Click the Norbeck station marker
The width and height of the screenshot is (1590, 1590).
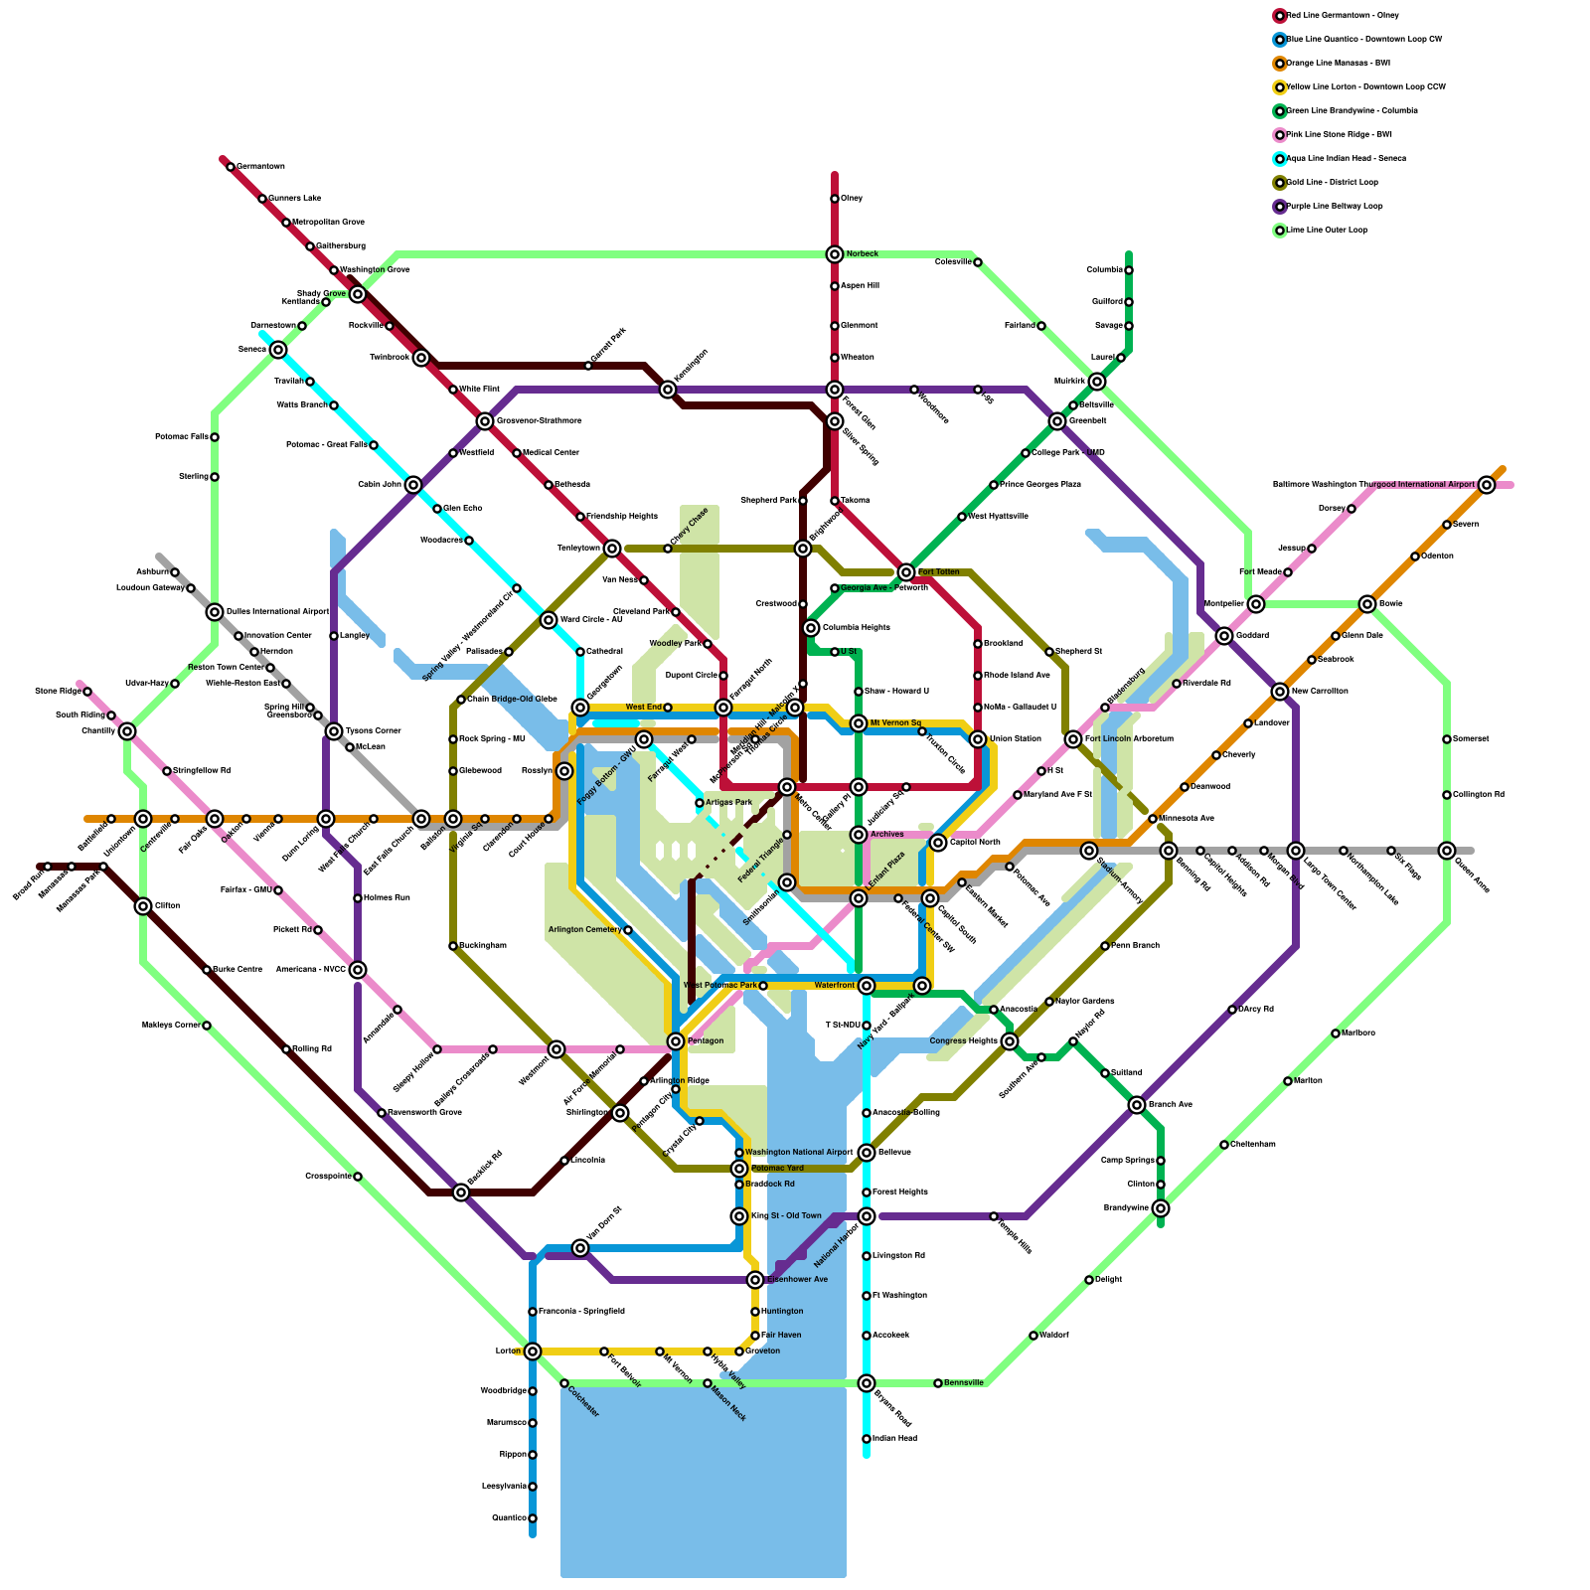(835, 254)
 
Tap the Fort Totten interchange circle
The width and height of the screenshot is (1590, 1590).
(906, 572)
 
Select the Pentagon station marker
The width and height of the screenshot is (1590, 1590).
(676, 1041)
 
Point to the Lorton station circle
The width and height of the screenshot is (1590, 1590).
(533, 1351)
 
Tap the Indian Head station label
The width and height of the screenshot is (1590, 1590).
(894, 1439)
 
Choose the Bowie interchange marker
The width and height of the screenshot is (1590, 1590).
(1367, 604)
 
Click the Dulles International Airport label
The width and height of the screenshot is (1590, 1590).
(277, 612)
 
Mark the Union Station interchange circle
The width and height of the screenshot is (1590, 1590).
(978, 739)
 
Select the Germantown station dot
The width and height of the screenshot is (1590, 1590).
(231, 167)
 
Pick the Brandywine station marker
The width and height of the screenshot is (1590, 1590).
(1161, 1208)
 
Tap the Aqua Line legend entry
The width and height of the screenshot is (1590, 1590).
(1346, 159)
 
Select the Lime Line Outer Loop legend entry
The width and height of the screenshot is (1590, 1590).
(1327, 231)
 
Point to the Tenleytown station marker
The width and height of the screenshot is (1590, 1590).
(612, 549)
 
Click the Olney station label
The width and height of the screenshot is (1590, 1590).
(852, 199)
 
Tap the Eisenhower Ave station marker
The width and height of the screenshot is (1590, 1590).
(755, 1280)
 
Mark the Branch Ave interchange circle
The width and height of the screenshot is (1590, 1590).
(1137, 1105)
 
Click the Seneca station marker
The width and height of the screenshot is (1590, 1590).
(278, 350)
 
